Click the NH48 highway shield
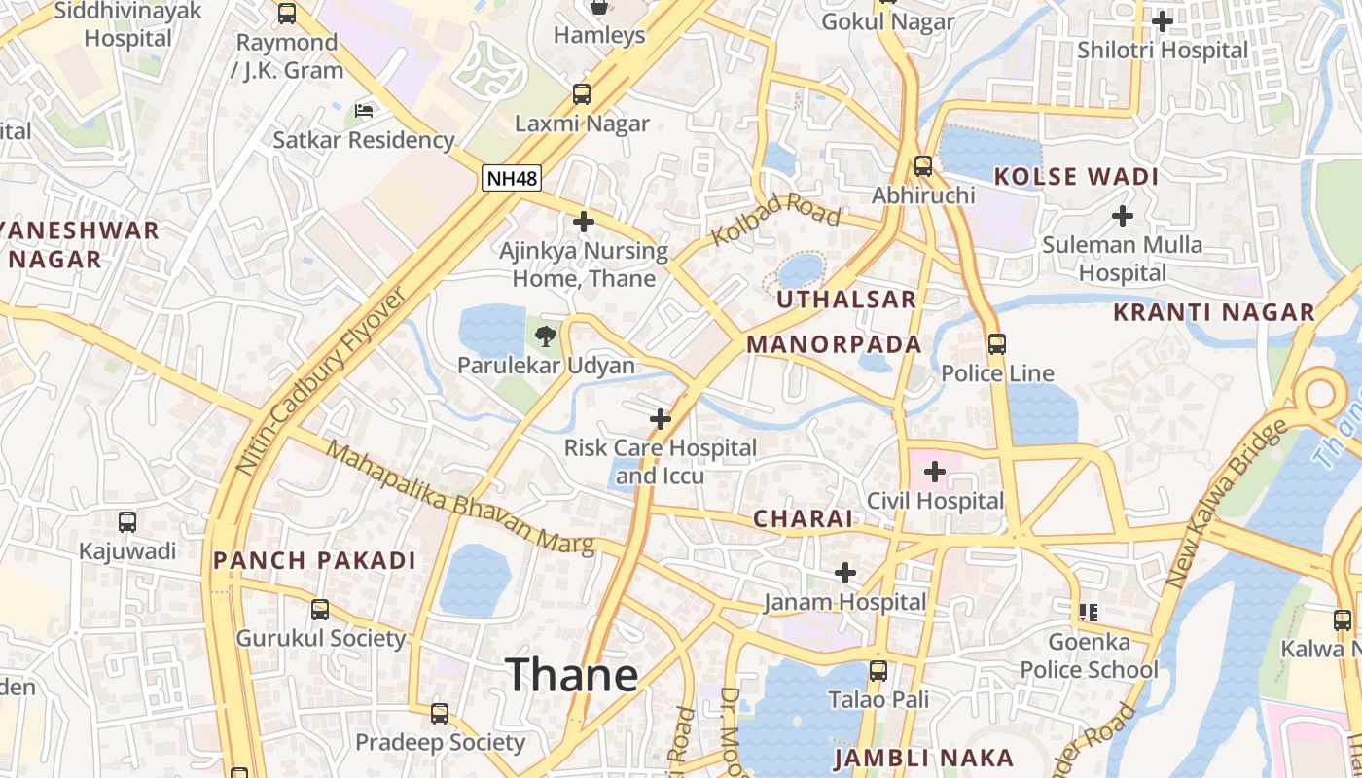coord(511,178)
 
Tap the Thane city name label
coord(572,674)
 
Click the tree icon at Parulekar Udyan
coord(546,336)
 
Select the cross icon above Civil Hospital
coord(935,473)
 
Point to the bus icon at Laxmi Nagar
coord(582,94)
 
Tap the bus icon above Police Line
coord(997,344)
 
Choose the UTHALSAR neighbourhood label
coord(846,300)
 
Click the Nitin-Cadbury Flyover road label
coord(321,381)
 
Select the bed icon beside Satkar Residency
coord(364,111)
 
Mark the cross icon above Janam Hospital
coord(845,573)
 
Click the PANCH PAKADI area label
coord(314,560)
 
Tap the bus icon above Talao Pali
coord(878,671)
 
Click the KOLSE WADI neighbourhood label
coord(1075,177)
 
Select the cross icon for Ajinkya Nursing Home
coord(584,223)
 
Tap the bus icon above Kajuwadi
coord(127,522)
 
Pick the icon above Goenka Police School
coord(1089,613)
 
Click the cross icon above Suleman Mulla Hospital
coord(1123,215)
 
